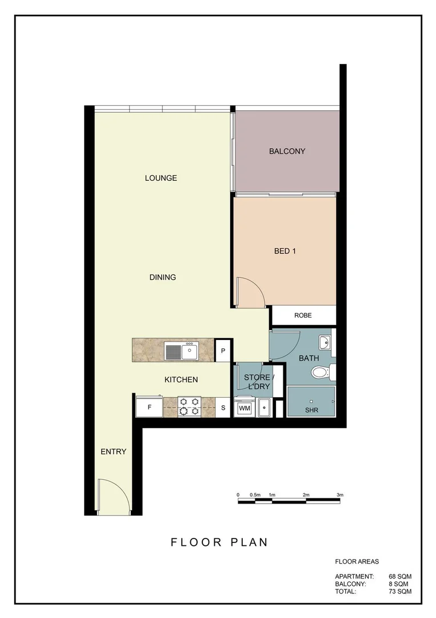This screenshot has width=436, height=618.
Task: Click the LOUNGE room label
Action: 161,178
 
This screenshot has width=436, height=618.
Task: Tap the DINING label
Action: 162,278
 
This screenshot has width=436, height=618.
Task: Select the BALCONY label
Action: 287,152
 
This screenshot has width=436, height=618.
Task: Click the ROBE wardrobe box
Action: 303,315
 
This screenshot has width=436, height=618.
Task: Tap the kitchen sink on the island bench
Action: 181,350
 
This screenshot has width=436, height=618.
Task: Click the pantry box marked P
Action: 223,351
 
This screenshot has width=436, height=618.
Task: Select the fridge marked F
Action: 149,408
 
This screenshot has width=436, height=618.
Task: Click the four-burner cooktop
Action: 190,407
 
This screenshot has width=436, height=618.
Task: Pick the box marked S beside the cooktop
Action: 223,408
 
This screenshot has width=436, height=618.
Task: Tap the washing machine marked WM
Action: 245,408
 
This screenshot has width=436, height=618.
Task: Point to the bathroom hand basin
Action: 324,343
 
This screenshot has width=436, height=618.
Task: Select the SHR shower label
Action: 311,410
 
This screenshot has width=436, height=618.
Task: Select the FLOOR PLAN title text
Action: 219,542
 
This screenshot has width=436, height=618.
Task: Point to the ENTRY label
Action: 113,451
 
